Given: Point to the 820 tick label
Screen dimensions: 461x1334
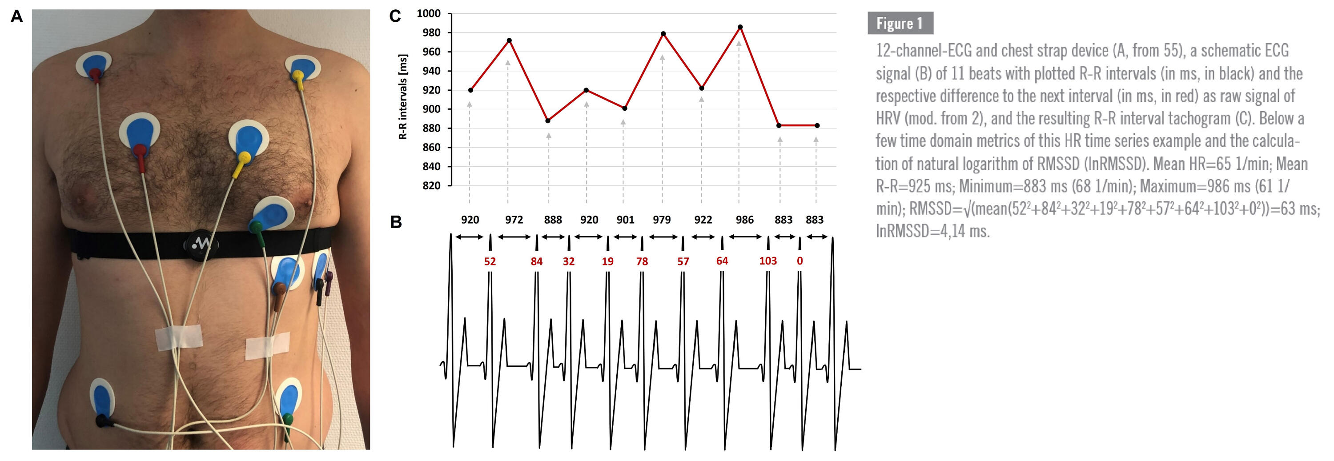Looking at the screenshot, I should tap(431, 185).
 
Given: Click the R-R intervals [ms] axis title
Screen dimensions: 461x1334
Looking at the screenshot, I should tap(403, 96).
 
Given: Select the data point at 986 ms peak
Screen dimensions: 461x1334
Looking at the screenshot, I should tap(740, 27).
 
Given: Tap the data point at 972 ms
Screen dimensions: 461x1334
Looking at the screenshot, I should tap(509, 40).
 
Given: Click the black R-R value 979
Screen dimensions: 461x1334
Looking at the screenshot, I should tap(661, 220).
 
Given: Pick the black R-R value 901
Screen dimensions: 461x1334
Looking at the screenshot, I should tap(625, 220).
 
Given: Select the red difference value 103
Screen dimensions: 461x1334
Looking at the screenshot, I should tap(767, 261).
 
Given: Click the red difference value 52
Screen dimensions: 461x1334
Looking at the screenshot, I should tap(490, 261).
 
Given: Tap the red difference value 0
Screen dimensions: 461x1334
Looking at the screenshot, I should tap(800, 261).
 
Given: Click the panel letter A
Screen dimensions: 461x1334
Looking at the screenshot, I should tap(17, 16).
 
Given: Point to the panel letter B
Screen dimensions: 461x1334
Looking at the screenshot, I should tap(396, 222).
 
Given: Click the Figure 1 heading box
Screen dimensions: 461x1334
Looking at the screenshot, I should tap(900, 23).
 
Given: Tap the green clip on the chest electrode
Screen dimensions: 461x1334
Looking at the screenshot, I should tap(256, 227).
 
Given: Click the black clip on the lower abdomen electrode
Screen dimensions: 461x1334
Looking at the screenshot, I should tap(104, 421).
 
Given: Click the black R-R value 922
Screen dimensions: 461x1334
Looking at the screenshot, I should tap(703, 220).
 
